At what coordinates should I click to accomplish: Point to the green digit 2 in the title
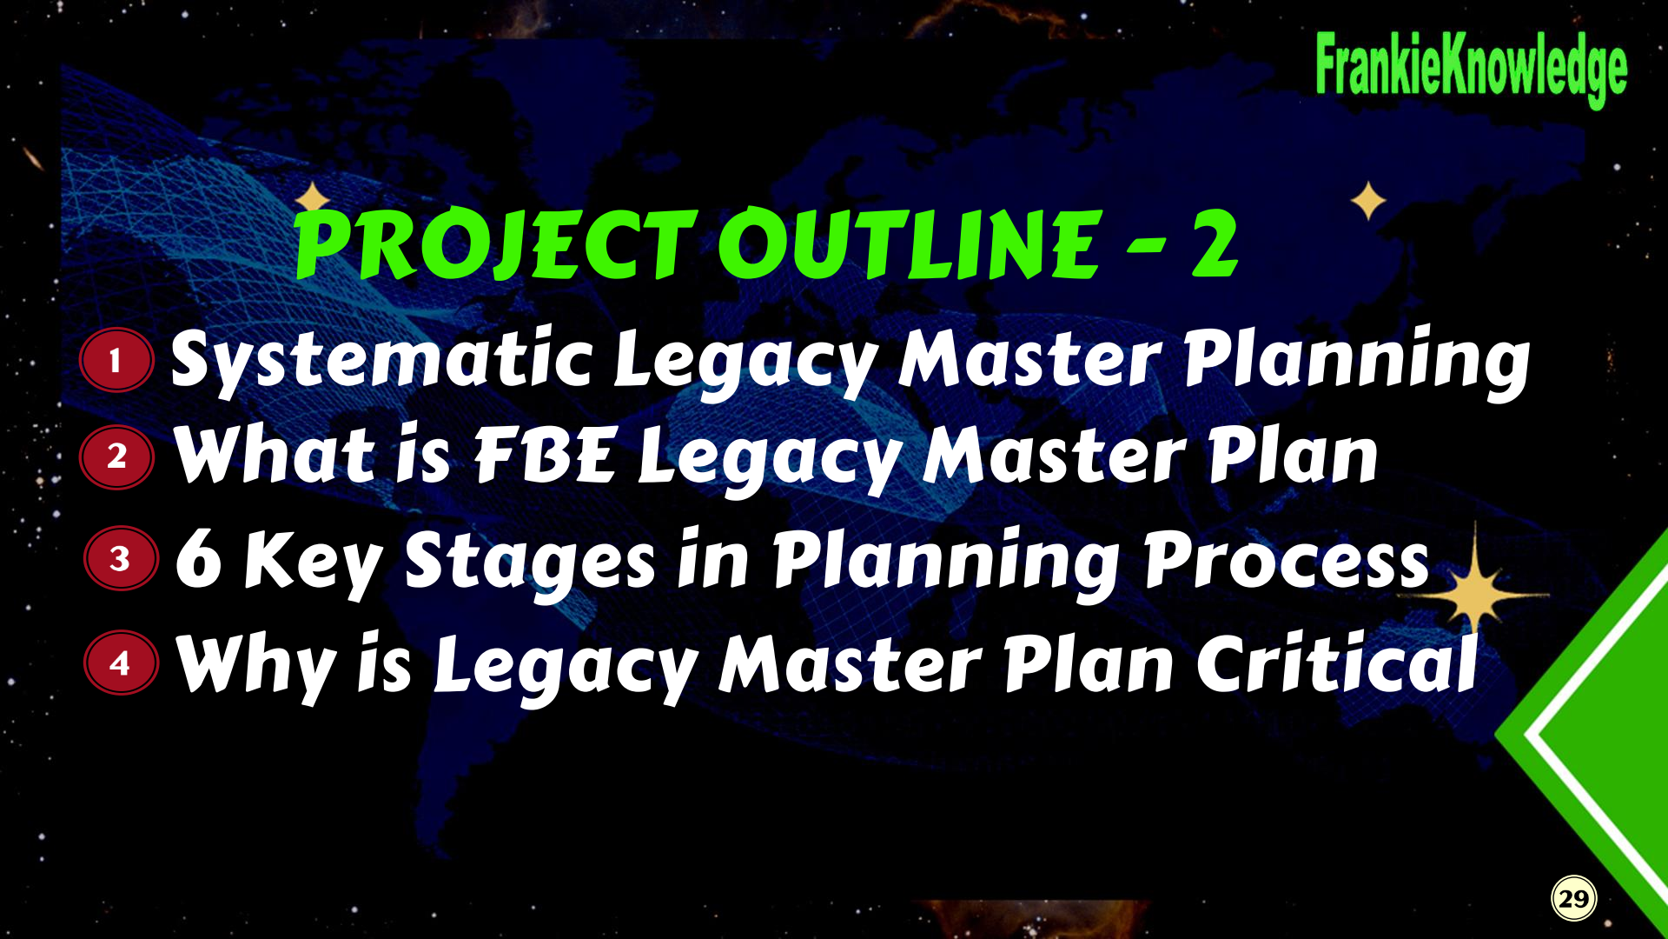point(1215,245)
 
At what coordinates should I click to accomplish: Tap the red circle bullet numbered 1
point(116,360)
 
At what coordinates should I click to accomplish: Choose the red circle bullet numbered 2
point(116,456)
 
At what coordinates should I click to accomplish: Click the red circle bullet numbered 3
point(121,558)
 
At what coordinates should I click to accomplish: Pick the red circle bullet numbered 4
point(121,663)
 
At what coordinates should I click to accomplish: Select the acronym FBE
point(545,455)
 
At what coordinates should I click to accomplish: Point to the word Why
point(257,666)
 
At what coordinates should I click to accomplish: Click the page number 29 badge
point(1574,899)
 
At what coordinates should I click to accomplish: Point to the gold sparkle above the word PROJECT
point(313,198)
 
